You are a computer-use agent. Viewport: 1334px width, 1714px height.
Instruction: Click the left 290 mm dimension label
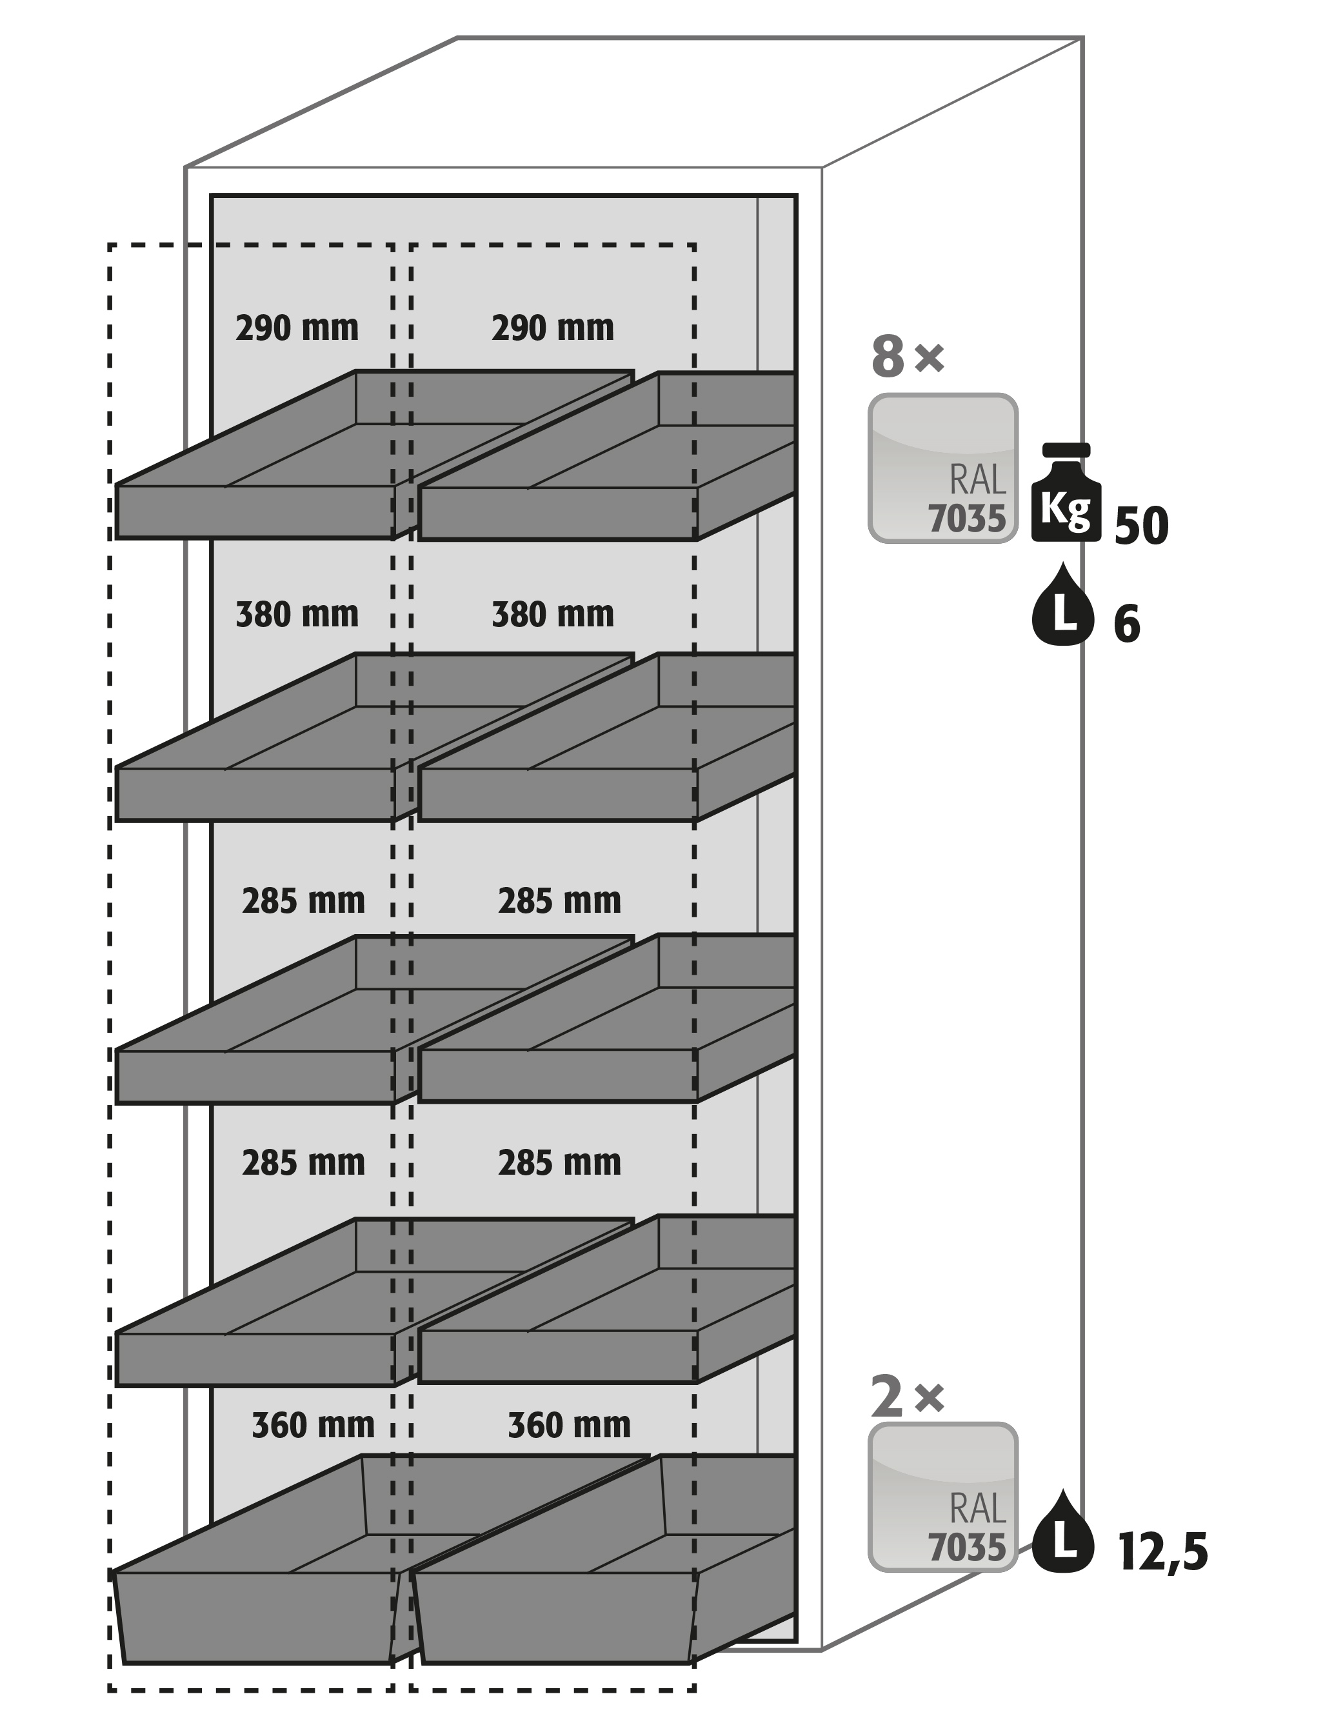(x=297, y=328)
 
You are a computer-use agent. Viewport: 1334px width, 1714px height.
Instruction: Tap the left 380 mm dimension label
(x=297, y=615)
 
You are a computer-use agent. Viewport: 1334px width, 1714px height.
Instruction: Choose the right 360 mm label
(x=569, y=1425)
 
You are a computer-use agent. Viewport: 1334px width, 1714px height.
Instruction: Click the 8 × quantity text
(x=907, y=357)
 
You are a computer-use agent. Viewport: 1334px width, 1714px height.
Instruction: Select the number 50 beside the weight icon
(x=1141, y=526)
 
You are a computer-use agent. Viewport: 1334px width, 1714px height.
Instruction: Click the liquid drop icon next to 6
(x=1062, y=605)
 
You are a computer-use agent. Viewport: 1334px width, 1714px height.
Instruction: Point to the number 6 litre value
(x=1126, y=626)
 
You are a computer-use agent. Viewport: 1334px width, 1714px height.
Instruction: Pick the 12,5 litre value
(x=1162, y=1551)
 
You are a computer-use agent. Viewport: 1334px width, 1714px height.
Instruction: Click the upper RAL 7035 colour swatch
(x=942, y=468)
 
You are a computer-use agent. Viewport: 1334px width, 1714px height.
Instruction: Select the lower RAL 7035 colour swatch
(x=942, y=1497)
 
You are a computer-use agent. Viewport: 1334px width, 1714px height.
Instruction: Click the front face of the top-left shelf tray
(x=255, y=512)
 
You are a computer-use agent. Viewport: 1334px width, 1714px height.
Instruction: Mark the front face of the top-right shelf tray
(x=557, y=513)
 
